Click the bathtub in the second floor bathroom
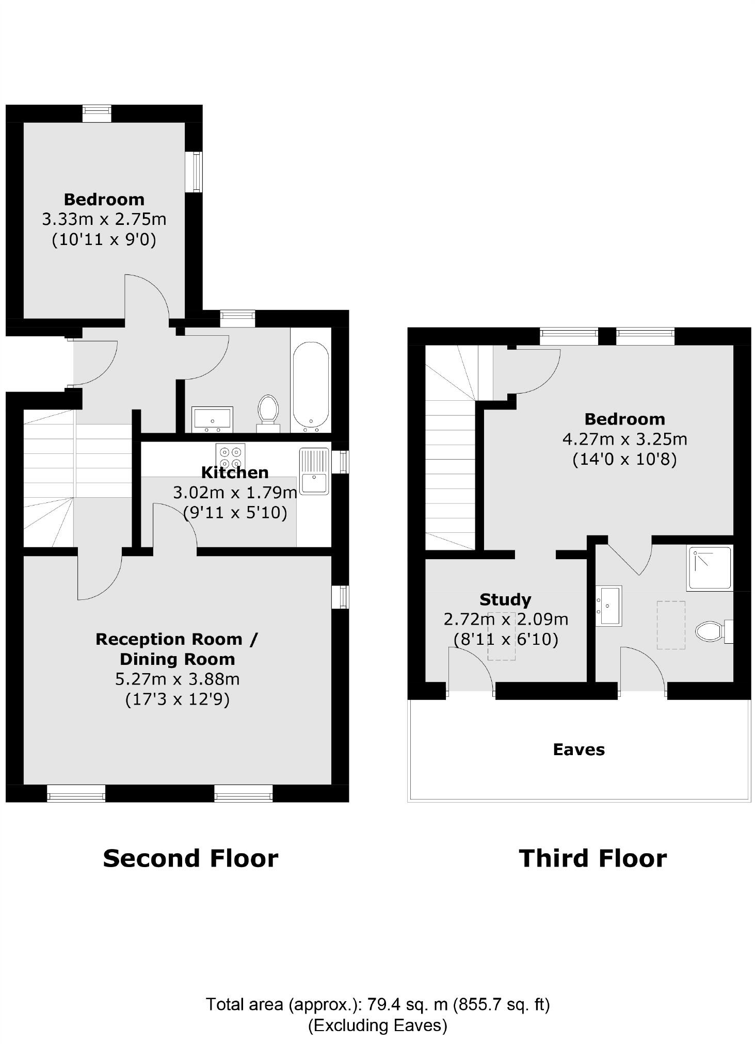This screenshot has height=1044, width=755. click(x=311, y=385)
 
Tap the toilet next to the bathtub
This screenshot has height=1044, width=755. click(x=268, y=411)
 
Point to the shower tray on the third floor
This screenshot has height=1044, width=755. click(x=709, y=568)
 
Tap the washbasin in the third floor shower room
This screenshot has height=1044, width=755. click(x=609, y=606)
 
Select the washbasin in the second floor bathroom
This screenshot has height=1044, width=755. click(x=212, y=419)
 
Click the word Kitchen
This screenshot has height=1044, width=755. click(x=234, y=472)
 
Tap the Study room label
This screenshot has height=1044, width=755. click(x=505, y=599)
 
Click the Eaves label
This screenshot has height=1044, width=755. click(x=579, y=749)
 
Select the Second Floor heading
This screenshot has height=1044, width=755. click(x=190, y=858)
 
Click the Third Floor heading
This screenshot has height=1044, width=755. click(x=592, y=858)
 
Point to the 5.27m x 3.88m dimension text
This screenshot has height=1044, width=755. click(x=177, y=679)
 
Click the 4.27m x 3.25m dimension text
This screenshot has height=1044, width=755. click(x=624, y=439)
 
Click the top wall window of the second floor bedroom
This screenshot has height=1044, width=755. click(x=97, y=113)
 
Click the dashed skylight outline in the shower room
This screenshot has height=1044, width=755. click(x=671, y=625)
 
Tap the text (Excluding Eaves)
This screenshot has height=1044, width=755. click(x=378, y=1025)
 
